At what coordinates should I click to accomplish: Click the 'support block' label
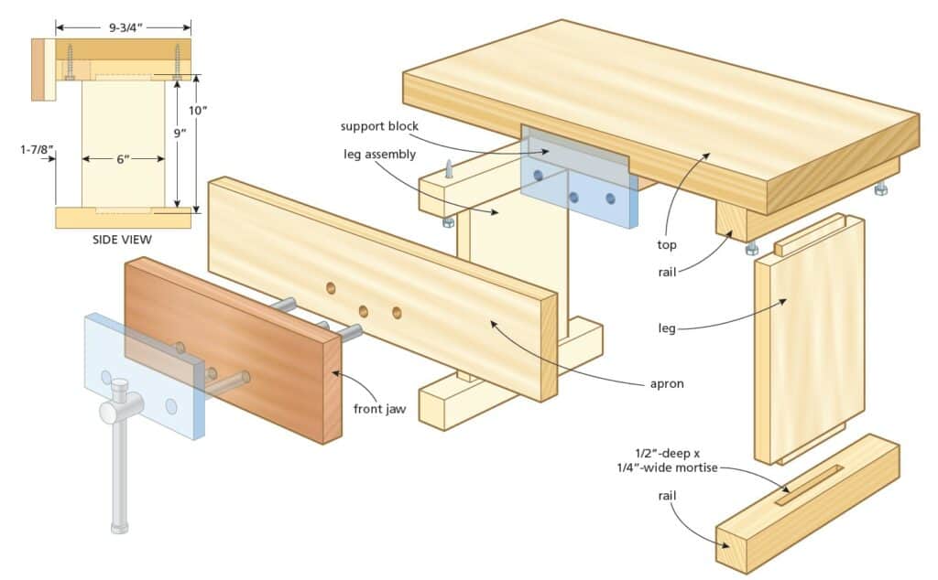point(379,126)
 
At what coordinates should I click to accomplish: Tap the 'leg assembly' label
point(379,154)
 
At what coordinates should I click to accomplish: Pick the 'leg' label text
point(667,327)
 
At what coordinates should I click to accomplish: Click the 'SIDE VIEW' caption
point(122,240)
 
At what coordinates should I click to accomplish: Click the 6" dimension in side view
point(124,159)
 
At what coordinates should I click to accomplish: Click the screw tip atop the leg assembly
point(448,167)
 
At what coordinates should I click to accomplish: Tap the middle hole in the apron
point(363,310)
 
